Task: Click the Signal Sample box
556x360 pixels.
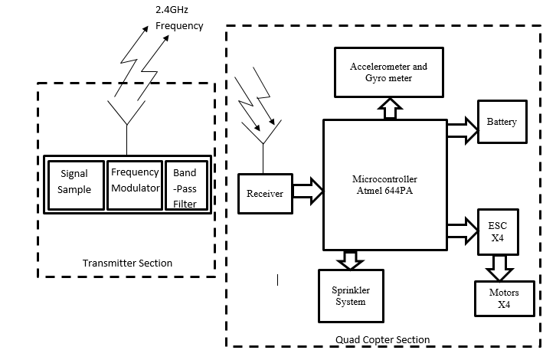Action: click(x=76, y=182)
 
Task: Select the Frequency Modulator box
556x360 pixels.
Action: click(x=134, y=182)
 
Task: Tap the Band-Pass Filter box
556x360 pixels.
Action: click(x=185, y=188)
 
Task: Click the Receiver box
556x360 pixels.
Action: click(x=264, y=194)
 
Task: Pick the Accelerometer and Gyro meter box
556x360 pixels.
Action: click(x=388, y=73)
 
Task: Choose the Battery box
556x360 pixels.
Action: click(x=502, y=122)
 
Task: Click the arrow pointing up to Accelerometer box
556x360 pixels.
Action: click(x=389, y=109)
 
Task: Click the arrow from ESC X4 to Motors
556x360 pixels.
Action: click(x=502, y=268)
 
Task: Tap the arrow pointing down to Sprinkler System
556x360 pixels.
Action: click(x=352, y=259)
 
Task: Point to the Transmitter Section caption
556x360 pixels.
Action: click(x=127, y=263)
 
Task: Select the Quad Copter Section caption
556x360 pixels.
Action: click(x=382, y=339)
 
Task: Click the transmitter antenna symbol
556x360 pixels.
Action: click(x=126, y=114)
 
